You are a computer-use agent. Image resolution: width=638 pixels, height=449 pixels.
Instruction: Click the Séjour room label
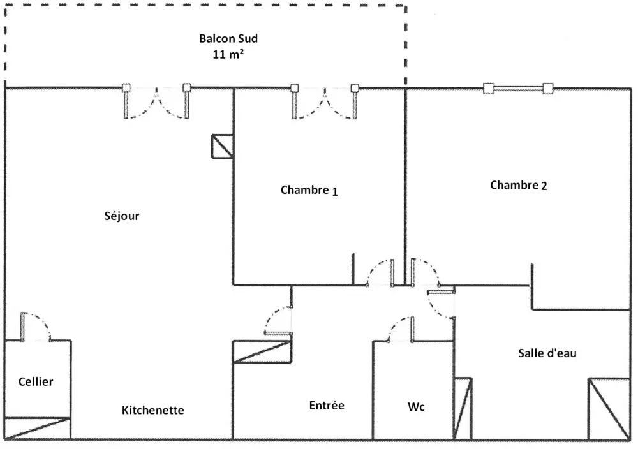click(x=121, y=216)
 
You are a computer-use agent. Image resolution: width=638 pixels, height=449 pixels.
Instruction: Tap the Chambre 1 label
click(x=309, y=190)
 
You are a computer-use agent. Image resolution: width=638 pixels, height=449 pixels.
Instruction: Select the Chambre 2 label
click(x=518, y=186)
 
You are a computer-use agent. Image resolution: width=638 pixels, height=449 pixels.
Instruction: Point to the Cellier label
click(x=35, y=382)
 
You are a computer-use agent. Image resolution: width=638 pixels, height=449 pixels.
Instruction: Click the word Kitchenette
click(x=152, y=410)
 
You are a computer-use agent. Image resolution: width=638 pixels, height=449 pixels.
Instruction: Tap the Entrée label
click(x=327, y=405)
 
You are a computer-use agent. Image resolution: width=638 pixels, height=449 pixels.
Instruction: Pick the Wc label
click(x=416, y=407)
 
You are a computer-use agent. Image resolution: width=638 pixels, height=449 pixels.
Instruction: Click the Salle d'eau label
click(x=547, y=353)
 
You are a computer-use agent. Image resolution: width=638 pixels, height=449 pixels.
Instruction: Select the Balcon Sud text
click(x=228, y=38)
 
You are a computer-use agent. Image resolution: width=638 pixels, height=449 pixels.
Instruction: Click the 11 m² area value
click(x=228, y=54)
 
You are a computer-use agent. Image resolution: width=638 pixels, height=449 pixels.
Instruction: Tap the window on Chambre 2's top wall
click(x=517, y=89)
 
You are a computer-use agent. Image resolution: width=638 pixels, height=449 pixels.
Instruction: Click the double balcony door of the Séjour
click(x=156, y=102)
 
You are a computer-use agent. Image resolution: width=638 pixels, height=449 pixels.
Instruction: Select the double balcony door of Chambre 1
click(x=324, y=102)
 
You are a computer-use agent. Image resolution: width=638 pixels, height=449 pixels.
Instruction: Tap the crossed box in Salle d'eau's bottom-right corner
click(x=608, y=409)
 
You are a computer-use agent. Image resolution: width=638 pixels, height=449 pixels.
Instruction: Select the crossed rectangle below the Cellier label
click(x=37, y=428)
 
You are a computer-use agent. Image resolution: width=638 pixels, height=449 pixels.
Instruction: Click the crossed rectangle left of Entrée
click(x=262, y=352)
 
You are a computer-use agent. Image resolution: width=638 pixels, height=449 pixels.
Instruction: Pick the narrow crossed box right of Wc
click(x=463, y=408)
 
